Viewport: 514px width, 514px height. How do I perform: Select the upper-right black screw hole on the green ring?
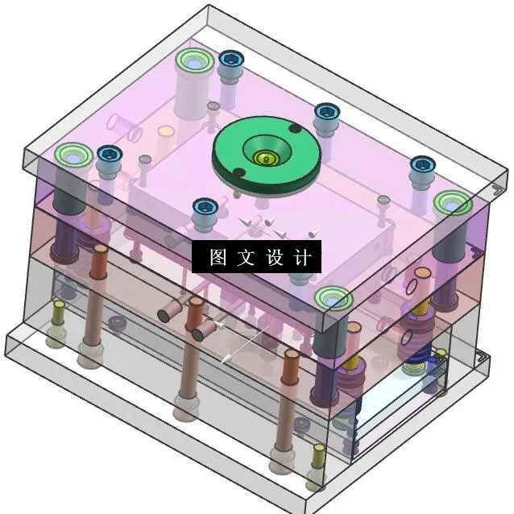296,129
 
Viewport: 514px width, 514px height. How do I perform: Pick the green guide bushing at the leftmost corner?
72,154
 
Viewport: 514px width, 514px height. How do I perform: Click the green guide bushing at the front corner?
334,299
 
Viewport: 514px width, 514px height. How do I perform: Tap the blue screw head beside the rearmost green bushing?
232,59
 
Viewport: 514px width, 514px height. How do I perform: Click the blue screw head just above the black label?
205,206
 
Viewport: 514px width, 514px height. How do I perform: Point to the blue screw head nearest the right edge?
421,165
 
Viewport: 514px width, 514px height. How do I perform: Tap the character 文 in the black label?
246,258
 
